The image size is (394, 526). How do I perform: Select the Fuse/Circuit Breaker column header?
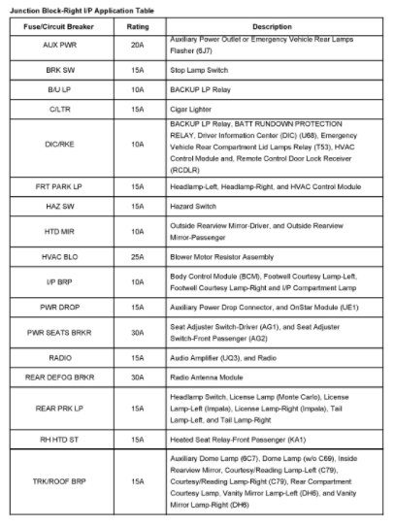[x=65, y=25]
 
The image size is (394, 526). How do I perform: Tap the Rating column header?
[x=136, y=25]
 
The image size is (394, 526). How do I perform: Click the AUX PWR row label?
[x=65, y=46]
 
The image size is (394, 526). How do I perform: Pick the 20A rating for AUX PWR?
[x=136, y=46]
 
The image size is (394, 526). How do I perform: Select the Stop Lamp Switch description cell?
[x=198, y=72]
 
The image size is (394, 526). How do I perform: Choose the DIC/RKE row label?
[x=65, y=146]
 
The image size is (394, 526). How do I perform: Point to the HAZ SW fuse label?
[x=65, y=210]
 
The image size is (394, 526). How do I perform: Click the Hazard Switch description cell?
[x=192, y=210]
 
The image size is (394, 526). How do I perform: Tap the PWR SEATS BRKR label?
[x=65, y=335]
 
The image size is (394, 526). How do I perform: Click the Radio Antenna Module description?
[x=203, y=378]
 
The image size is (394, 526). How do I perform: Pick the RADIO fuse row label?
[x=65, y=359]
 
